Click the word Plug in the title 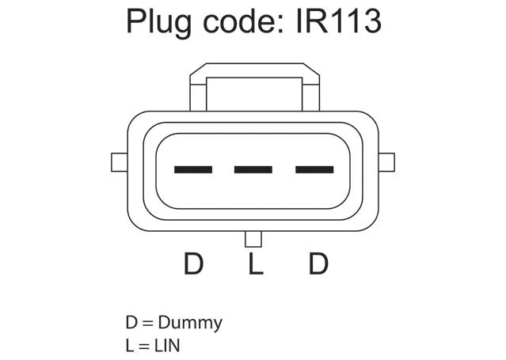[x=159, y=23]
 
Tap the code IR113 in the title [x=338, y=21]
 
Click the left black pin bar [x=193, y=169]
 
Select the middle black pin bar [x=253, y=169]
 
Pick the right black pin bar [x=314, y=169]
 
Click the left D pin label [x=194, y=263]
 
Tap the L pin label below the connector [x=256, y=263]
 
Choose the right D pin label [x=318, y=263]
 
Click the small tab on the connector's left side [x=120, y=162]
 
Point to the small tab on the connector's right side [x=386, y=162]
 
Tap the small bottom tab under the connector [x=253, y=239]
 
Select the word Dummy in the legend [x=190, y=323]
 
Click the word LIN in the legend [x=167, y=346]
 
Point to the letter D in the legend [x=131, y=322]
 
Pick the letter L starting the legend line [x=130, y=346]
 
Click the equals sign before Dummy [x=147, y=323]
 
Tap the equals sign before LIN [x=144, y=346]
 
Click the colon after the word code [x=281, y=24]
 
